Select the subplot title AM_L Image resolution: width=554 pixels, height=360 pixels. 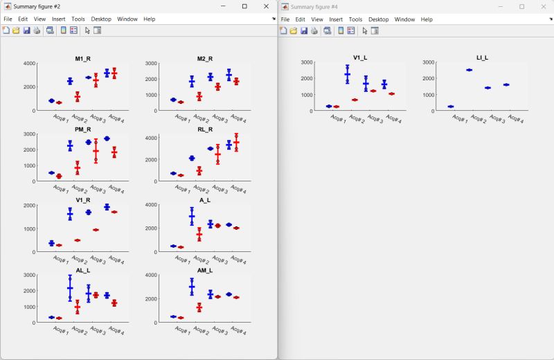tap(204, 270)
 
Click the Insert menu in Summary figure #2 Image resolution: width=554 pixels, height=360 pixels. tap(59, 19)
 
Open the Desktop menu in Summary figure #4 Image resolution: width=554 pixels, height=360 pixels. tap(378, 19)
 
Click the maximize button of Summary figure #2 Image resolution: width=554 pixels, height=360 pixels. tap(244, 6)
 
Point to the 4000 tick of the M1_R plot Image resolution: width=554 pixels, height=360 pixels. tap(29, 64)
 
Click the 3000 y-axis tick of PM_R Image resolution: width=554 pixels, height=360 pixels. tap(29, 134)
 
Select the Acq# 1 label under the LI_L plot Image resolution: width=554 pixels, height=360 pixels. tap(457, 118)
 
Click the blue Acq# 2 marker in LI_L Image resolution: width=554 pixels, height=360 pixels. tap(469, 70)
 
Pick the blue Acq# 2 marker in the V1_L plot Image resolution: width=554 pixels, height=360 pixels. tap(347, 73)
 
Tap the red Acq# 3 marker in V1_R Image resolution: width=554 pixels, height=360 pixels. tap(96, 230)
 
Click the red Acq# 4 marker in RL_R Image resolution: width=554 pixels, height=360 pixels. tap(236, 142)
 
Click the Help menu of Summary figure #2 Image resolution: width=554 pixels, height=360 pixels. tap(149, 19)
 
